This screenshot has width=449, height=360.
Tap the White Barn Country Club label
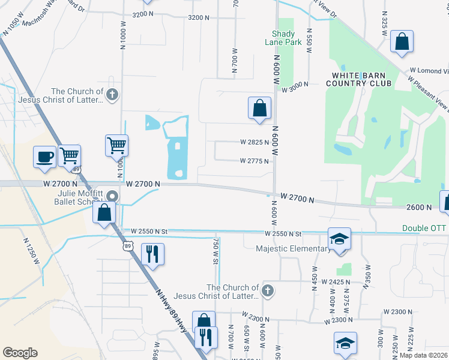(x=358, y=79)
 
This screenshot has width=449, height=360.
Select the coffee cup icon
(x=44, y=157)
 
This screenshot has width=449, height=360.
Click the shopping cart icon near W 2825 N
(x=116, y=145)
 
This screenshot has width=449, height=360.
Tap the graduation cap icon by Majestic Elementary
(x=339, y=239)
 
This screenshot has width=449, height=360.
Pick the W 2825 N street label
(x=255, y=143)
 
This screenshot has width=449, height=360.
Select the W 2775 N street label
(x=255, y=161)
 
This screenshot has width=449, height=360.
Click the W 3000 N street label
(x=295, y=89)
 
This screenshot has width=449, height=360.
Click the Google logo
(x=20, y=353)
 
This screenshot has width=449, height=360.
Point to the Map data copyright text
(x=424, y=355)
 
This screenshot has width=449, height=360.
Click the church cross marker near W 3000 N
(x=112, y=94)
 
